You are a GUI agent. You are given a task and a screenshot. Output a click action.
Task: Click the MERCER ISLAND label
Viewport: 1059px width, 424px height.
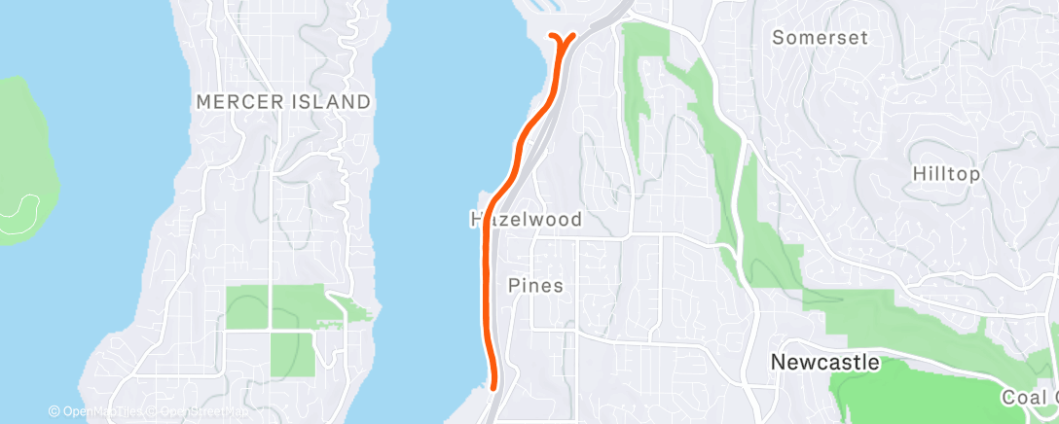pyautogui.click(x=283, y=101)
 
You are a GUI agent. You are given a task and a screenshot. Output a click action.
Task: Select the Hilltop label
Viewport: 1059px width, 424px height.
pyautogui.click(x=946, y=174)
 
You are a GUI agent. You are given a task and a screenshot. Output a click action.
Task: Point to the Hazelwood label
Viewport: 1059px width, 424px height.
pyautogui.click(x=526, y=220)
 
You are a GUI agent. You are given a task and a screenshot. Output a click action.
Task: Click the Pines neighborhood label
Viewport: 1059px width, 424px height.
pyautogui.click(x=535, y=286)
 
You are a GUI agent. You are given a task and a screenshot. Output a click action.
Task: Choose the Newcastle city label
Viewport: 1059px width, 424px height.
pyautogui.click(x=824, y=363)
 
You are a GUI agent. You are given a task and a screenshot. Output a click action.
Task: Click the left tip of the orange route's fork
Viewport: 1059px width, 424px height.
pyautogui.click(x=553, y=37)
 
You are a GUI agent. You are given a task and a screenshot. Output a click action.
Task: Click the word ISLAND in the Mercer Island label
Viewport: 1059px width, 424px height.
pyautogui.click(x=335, y=101)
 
